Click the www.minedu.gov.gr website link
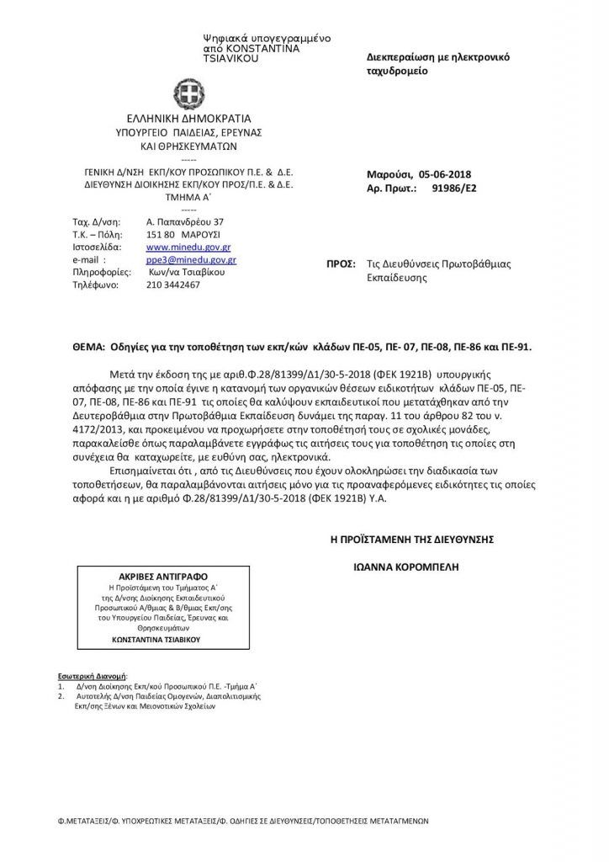click(x=177, y=248)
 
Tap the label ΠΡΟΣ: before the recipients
click(x=341, y=263)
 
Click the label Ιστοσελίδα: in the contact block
click(x=98, y=248)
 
